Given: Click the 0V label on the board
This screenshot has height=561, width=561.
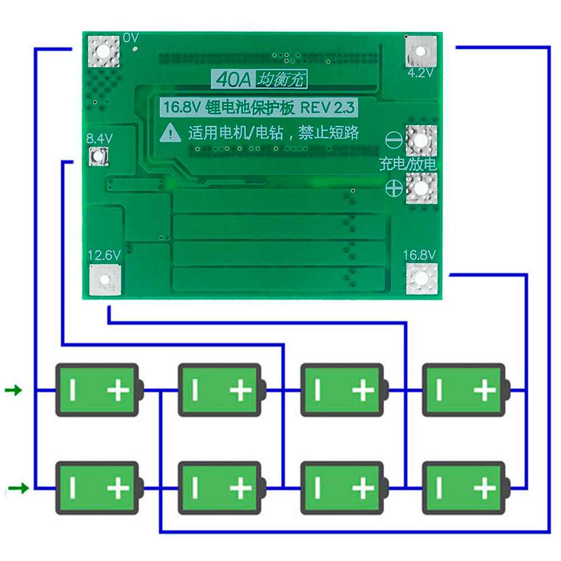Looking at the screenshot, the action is pyautogui.click(x=131, y=38).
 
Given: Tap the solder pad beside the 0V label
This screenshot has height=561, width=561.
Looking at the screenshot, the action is pyautogui.click(x=104, y=51).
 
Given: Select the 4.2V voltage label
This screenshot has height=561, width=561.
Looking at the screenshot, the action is pyautogui.click(x=420, y=73).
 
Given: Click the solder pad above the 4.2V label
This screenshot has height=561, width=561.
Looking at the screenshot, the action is pyautogui.click(x=421, y=51).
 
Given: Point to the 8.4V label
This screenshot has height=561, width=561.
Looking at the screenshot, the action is pyautogui.click(x=99, y=139).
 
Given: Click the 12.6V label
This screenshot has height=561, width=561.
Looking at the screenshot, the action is pyautogui.click(x=104, y=255).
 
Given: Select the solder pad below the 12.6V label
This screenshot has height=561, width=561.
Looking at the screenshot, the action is pyautogui.click(x=105, y=279).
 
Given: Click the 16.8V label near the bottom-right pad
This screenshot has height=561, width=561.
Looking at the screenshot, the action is pyautogui.click(x=419, y=255).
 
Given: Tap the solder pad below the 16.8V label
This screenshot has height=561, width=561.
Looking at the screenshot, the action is pyautogui.click(x=422, y=279).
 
